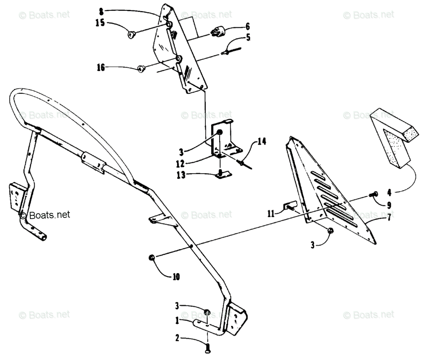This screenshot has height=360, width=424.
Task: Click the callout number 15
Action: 100,23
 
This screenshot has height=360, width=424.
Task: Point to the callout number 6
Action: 248,26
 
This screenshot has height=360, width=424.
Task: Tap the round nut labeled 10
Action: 151,258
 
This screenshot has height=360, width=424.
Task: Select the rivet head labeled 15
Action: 132,35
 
